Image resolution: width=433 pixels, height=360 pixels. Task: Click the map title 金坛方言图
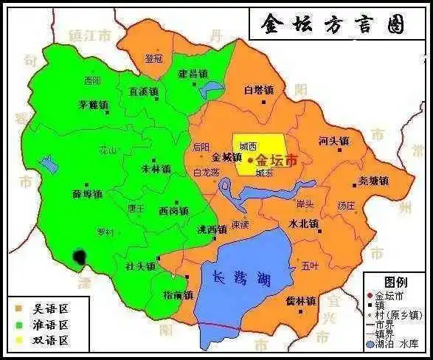tap(333, 25)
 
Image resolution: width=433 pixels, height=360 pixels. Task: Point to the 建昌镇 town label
tap(193, 74)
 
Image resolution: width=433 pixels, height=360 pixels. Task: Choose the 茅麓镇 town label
tap(94, 105)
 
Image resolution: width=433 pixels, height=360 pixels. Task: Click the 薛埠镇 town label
tap(87, 194)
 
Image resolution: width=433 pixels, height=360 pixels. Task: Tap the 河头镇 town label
tap(333, 140)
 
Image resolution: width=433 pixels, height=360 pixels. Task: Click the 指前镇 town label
tap(178, 295)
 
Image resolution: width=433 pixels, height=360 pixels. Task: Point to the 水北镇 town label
tap(302, 223)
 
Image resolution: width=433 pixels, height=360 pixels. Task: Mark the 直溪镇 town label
tap(144, 92)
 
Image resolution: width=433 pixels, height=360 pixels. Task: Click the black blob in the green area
tap(79, 257)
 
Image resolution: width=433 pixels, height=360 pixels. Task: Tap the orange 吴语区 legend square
tap(19, 308)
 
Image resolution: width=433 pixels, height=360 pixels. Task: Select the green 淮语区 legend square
tap(19, 324)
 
